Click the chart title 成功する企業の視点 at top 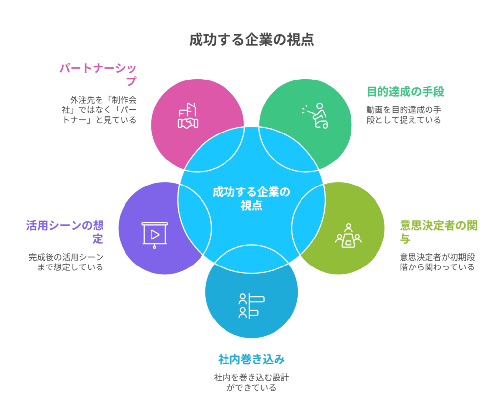251,40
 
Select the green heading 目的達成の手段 405,91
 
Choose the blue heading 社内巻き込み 251,359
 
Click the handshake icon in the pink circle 188,116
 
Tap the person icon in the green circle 316,116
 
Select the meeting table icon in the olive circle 349,236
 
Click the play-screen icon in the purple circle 154,235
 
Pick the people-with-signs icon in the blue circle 251,305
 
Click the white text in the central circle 251,198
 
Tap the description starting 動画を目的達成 403,114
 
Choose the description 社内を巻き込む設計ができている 251,382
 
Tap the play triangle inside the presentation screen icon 154,233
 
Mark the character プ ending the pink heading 131,80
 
